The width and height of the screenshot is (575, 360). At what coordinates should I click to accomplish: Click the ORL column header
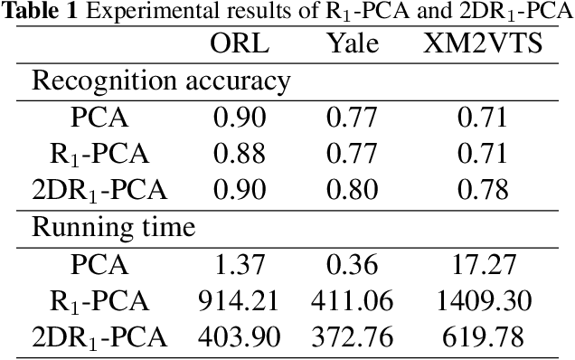pyautogui.click(x=239, y=44)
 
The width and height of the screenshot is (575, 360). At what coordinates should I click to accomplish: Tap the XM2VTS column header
pyautogui.click(x=483, y=44)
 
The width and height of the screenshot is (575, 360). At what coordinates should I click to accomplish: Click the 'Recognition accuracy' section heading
pyautogui.click(x=161, y=81)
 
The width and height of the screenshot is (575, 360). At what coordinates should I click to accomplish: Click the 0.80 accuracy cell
pyautogui.click(x=352, y=190)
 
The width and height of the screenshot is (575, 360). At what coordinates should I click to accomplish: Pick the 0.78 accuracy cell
pyautogui.click(x=483, y=190)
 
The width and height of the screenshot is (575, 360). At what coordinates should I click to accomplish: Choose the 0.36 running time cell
pyautogui.click(x=352, y=265)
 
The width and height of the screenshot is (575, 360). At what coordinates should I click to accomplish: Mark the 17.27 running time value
pyautogui.click(x=483, y=265)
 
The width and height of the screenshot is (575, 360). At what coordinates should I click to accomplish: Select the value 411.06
pyautogui.click(x=352, y=301)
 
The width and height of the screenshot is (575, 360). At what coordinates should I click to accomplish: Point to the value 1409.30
pyautogui.click(x=483, y=301)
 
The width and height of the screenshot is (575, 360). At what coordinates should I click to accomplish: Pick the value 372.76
pyautogui.click(x=352, y=337)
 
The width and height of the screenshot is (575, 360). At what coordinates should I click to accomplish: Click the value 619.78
pyautogui.click(x=483, y=337)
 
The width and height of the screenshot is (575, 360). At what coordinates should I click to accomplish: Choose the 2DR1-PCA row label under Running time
pyautogui.click(x=99, y=338)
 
